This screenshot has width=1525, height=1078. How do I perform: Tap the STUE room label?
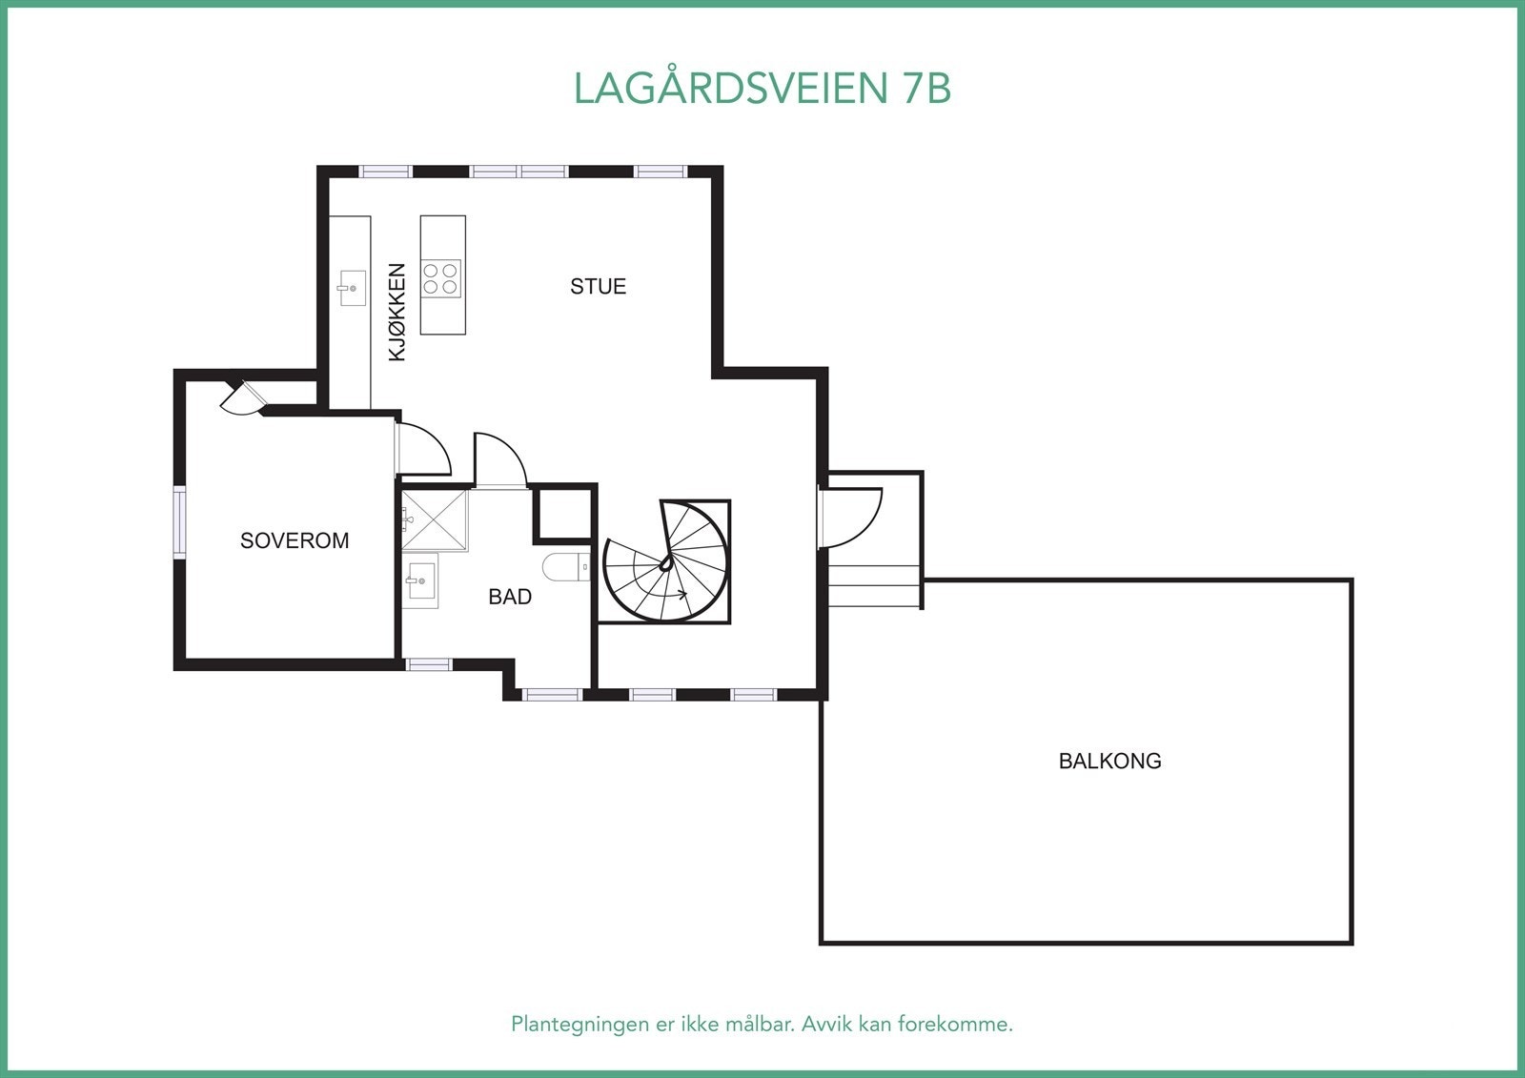click(598, 286)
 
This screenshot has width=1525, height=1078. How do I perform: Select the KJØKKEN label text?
click(396, 312)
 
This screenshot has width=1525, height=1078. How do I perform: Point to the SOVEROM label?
click(295, 540)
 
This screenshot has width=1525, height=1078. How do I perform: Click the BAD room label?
click(510, 597)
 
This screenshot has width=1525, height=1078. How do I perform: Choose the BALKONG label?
click(1109, 761)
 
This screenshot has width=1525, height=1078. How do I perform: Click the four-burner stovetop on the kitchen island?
click(439, 278)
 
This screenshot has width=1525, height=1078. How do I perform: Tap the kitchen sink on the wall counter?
click(352, 288)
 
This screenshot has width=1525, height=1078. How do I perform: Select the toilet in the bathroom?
click(566, 566)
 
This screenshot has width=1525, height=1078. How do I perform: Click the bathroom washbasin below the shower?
click(419, 580)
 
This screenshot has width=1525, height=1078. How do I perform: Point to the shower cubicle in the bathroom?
click(435, 520)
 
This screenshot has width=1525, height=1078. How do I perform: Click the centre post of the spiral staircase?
click(666, 561)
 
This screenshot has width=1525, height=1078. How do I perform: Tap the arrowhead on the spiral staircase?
click(682, 594)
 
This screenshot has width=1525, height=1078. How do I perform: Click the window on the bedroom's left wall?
click(179, 521)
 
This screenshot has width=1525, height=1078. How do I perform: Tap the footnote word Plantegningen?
click(579, 1024)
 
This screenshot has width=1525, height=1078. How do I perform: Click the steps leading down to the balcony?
click(874, 585)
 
